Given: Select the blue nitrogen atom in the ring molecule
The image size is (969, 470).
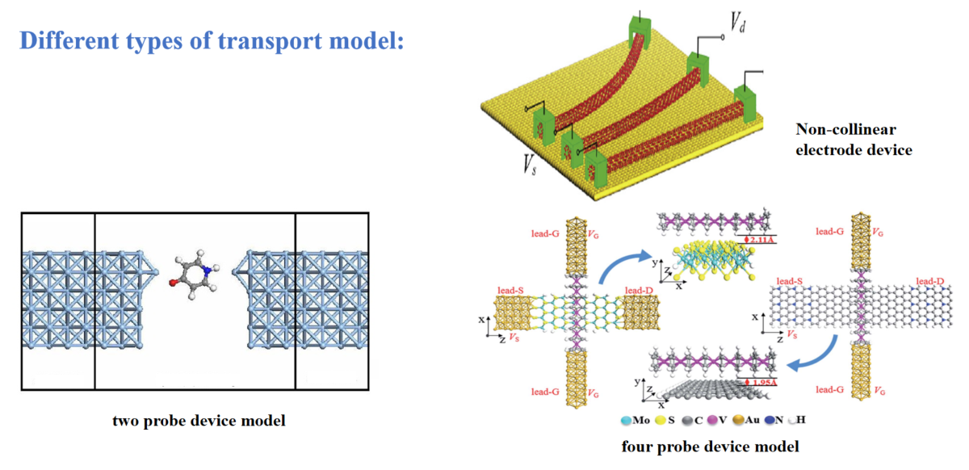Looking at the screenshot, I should point(208,270).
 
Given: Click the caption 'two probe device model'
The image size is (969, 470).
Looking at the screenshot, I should point(199,421).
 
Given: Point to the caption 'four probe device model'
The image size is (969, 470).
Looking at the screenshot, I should point(711,446).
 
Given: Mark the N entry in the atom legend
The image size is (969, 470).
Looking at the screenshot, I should point(763,421).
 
